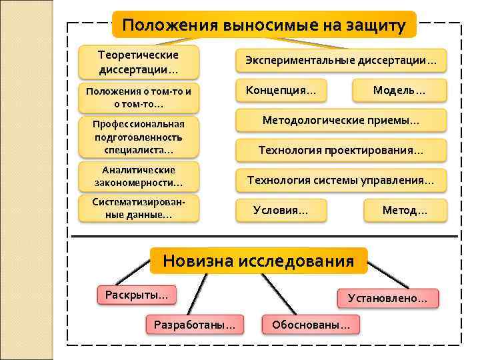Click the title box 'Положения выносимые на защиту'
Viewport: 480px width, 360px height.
(x=263, y=25)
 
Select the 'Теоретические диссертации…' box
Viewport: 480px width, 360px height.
(x=138, y=62)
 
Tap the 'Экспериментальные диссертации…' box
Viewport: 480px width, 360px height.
(x=341, y=61)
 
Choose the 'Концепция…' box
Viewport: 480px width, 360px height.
(x=281, y=90)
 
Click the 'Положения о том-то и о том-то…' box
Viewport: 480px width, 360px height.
(x=138, y=98)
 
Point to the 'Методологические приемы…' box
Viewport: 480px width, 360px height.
(x=341, y=121)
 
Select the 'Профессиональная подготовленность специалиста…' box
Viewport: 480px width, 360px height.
(x=138, y=137)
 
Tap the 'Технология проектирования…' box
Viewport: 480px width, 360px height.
(x=341, y=151)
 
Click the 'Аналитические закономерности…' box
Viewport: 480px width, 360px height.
(x=138, y=176)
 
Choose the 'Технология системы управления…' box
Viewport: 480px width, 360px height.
(x=341, y=180)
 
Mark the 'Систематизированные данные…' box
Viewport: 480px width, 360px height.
(x=138, y=209)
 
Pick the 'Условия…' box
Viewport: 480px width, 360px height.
(x=281, y=210)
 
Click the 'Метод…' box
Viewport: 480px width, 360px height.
(x=405, y=210)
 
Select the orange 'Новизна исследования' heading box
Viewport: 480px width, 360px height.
(x=259, y=261)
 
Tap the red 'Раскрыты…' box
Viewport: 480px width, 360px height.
(x=136, y=293)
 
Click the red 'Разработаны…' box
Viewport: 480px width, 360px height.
(x=194, y=325)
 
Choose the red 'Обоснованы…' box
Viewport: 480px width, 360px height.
(x=311, y=325)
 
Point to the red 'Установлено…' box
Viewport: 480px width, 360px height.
(x=388, y=298)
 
